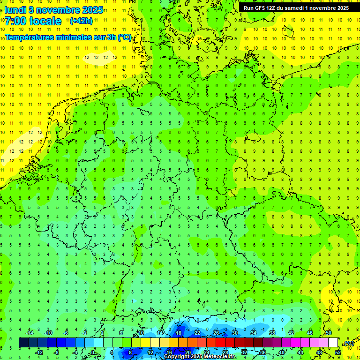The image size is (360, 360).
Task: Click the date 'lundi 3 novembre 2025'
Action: click(53, 9)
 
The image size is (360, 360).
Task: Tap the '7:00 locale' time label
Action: click(33, 21)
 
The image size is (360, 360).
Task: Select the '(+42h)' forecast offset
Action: click(81, 21)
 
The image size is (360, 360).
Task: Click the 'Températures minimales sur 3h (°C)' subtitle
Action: click(68, 37)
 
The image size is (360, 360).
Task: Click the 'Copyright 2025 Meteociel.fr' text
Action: click(200, 357)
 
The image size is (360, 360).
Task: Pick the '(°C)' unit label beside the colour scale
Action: click(349, 343)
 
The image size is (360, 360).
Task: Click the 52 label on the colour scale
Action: click(338, 352)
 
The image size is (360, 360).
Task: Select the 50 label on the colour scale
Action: click(329, 333)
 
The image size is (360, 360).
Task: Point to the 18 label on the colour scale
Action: click(179, 333)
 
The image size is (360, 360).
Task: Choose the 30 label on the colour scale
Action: click(235, 333)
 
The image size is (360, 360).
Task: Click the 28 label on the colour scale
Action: click(225, 352)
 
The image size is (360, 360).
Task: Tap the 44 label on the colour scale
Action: click(300, 352)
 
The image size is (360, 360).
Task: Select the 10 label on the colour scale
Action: click(141, 333)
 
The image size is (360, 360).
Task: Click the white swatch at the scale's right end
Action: click(333, 343)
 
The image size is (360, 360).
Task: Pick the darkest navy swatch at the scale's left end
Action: click(23, 343)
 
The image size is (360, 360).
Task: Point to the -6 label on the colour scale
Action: click(66, 333)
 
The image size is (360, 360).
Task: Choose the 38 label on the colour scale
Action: click(272, 333)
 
